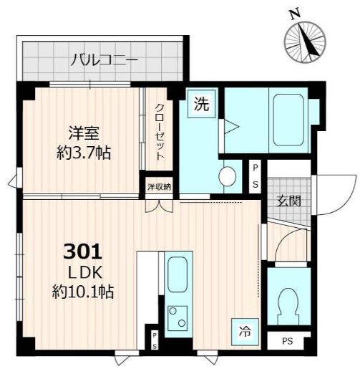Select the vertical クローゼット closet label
click(x=160, y=133)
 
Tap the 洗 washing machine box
click(x=202, y=104)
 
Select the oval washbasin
click(x=228, y=176)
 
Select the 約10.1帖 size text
click(x=83, y=292)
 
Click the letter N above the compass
click(x=293, y=13)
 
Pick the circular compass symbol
click(x=306, y=43)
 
